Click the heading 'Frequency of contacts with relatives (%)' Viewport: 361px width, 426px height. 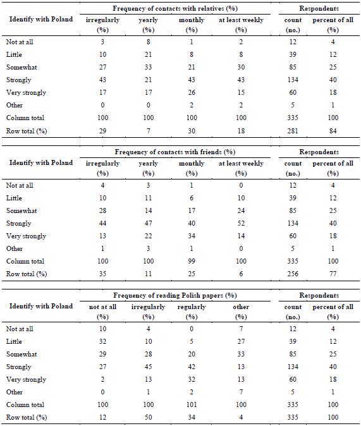point(175,8)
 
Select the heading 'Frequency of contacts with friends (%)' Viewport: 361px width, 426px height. point(175,152)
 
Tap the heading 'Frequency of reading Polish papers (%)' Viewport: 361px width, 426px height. point(175,295)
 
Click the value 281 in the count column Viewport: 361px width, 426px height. point(293,131)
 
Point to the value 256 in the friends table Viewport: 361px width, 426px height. point(293,274)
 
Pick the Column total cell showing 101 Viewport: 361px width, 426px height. point(192,405)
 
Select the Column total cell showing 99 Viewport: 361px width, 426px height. point(192,262)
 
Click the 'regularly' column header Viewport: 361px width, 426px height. point(192,307)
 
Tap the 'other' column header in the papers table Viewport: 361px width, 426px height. point(241,307)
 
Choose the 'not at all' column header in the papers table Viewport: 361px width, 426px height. point(103,307)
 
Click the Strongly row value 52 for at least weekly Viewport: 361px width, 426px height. point(241,223)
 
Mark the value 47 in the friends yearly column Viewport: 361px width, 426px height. point(148,223)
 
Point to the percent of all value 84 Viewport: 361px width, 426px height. point(333,131)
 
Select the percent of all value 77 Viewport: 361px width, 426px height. point(333,274)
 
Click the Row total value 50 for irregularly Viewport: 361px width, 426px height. point(148,417)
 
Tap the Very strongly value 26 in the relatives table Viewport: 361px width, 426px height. point(192,93)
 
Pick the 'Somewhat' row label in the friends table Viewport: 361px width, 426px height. point(21,211)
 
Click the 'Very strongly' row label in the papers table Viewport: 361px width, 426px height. point(26,379)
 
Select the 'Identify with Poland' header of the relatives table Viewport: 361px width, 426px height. point(41,20)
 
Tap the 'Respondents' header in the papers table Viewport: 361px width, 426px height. point(319,295)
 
